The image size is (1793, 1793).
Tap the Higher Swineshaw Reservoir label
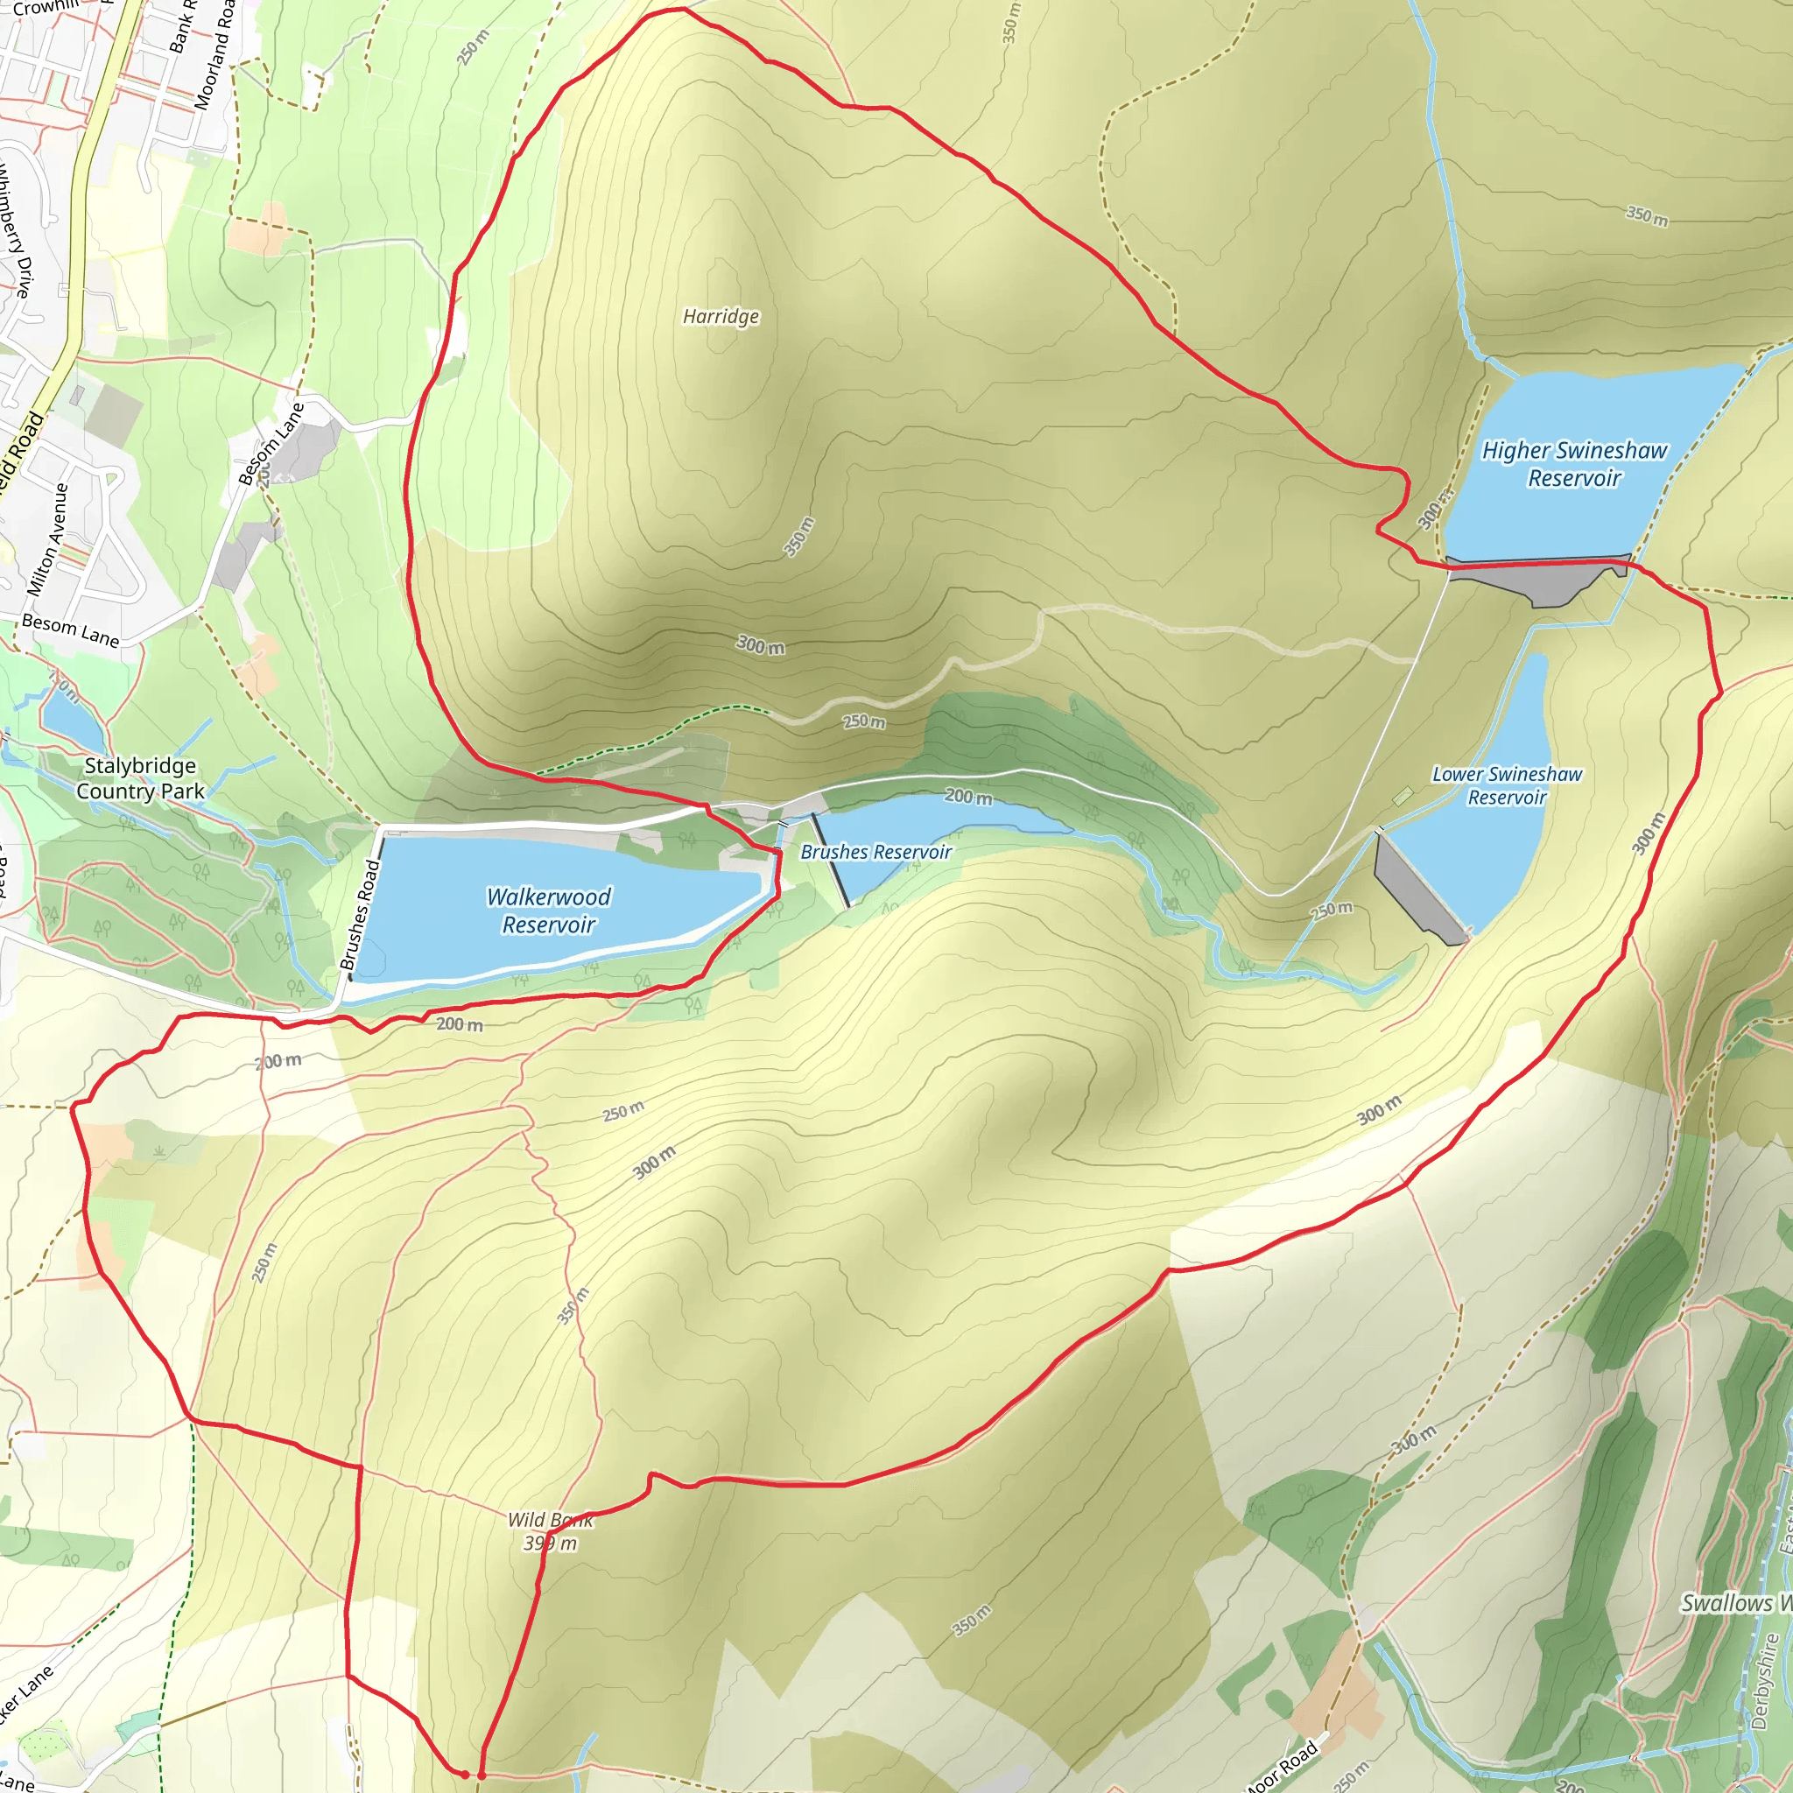pos(1574,464)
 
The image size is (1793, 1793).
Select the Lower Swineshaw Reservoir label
pos(1508,785)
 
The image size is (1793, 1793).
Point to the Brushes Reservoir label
pos(876,852)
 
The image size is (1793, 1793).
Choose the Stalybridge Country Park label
pos(140,778)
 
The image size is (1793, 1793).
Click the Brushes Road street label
pos(360,915)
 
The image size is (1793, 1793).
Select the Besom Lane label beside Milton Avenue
pos(71,630)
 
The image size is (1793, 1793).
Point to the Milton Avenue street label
pos(47,539)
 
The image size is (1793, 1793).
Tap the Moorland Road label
pos(214,56)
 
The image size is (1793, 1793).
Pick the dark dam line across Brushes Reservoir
pos(831,861)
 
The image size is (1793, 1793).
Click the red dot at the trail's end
pos(465,1774)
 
